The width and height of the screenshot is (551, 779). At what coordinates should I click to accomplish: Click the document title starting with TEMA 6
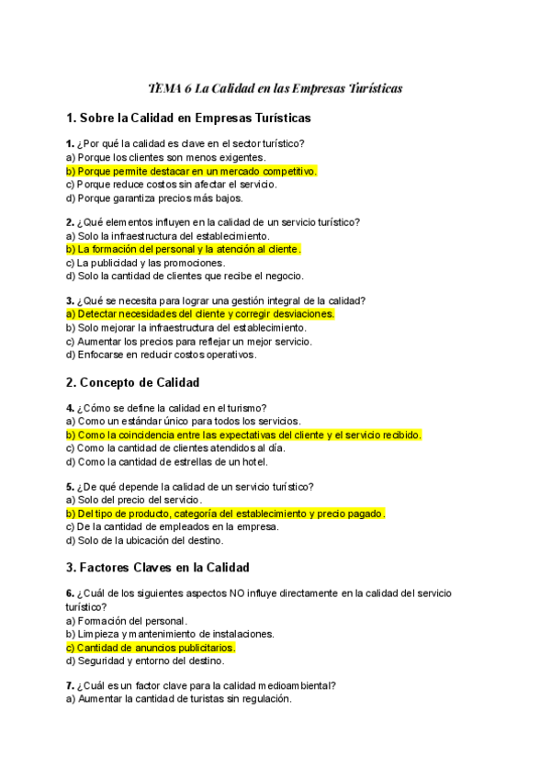click(x=275, y=88)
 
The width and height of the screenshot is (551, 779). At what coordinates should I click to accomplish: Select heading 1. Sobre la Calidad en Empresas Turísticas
click(x=188, y=118)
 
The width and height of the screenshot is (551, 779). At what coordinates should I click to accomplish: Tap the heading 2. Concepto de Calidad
click(x=133, y=382)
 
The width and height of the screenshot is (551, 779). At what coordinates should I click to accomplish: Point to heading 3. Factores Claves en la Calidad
click(x=158, y=568)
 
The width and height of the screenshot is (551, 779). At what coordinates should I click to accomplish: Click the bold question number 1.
click(x=70, y=143)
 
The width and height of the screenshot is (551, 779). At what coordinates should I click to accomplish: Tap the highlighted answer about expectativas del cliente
click(x=243, y=435)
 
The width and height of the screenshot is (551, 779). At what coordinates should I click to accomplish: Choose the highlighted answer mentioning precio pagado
click(x=225, y=514)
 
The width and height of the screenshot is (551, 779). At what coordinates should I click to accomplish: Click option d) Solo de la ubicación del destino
click(x=145, y=540)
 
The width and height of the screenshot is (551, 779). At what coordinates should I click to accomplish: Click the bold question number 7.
click(x=70, y=684)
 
